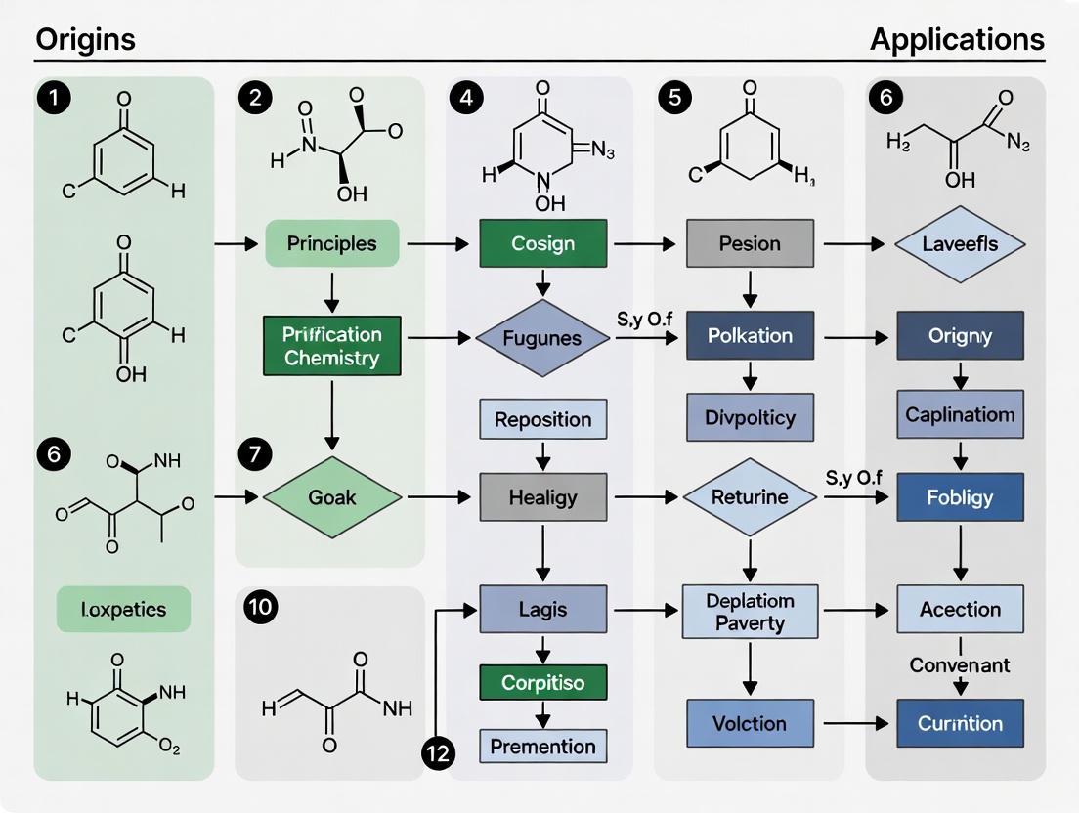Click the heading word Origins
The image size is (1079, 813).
click(x=85, y=40)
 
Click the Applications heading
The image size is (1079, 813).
click(x=957, y=40)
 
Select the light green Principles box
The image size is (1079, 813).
click(x=332, y=243)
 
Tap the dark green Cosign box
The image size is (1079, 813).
click(x=543, y=243)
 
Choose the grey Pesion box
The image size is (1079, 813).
click(x=750, y=243)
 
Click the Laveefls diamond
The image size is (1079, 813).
click(x=960, y=243)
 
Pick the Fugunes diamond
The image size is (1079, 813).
click(x=542, y=338)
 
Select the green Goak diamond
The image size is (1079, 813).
click(x=333, y=497)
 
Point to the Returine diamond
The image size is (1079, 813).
click(x=750, y=497)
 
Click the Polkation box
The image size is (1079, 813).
click(x=750, y=335)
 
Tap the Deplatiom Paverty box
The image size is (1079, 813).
click(x=750, y=610)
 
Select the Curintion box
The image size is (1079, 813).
click(x=960, y=723)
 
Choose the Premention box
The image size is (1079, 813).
click(x=543, y=747)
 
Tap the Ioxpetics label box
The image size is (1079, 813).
click(x=123, y=610)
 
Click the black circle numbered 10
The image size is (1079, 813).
click(x=261, y=608)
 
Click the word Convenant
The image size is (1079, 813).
click(x=960, y=664)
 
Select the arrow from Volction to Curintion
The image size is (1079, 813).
click(x=855, y=724)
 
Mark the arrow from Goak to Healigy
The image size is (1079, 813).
click(x=440, y=497)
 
